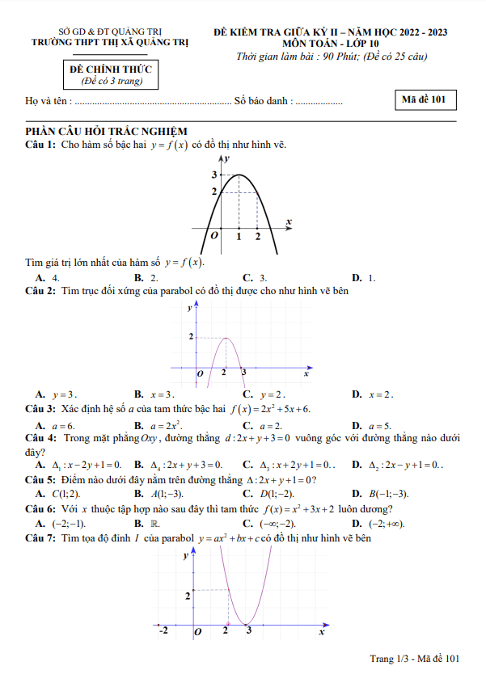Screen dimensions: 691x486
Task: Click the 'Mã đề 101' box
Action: point(428,100)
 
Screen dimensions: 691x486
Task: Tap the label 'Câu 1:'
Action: point(40,145)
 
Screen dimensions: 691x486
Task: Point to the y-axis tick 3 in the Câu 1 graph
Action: point(214,175)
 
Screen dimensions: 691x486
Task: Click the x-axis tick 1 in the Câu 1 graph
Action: point(239,236)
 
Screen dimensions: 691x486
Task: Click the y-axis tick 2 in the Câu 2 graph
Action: point(192,336)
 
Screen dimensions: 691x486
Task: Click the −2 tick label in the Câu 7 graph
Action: point(163,630)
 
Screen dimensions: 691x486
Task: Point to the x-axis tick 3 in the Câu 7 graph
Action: point(249,630)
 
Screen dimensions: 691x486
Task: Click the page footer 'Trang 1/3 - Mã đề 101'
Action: point(414,659)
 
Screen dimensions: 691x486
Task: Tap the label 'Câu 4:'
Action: point(40,438)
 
